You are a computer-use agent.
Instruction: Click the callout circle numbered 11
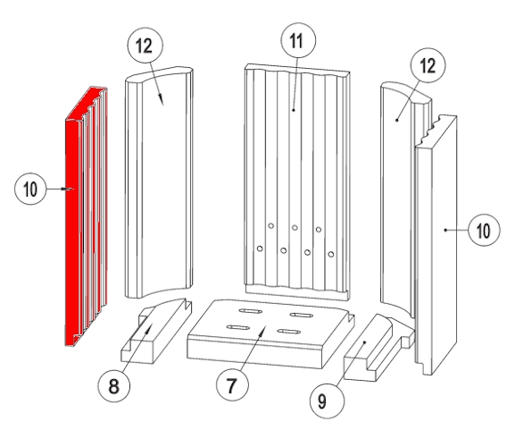pos(298,40)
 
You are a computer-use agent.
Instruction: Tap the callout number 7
pos(232,384)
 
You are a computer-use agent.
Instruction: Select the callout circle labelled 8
pos(113,385)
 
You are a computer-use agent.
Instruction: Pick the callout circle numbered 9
pos(328,401)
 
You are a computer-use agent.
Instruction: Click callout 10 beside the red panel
pos(30,189)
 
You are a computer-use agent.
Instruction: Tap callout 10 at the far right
pos(484,230)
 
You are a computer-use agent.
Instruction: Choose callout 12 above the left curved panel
pos(145,45)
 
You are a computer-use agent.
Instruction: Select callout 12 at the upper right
pos(428,65)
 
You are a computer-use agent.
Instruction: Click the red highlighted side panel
pos(86,215)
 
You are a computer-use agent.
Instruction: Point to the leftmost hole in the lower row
pos(260,249)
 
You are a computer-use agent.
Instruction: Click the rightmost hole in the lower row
pos(331,254)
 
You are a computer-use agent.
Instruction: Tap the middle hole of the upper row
pos(295,228)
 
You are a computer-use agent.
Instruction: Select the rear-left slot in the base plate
pos(250,311)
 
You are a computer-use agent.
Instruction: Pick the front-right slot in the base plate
pos(289,331)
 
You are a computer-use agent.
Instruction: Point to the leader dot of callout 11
pos(294,110)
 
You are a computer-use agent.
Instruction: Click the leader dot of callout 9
pos(364,342)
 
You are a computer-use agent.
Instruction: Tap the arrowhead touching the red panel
pos(69,189)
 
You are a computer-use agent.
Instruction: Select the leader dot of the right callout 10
pos(445,230)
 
